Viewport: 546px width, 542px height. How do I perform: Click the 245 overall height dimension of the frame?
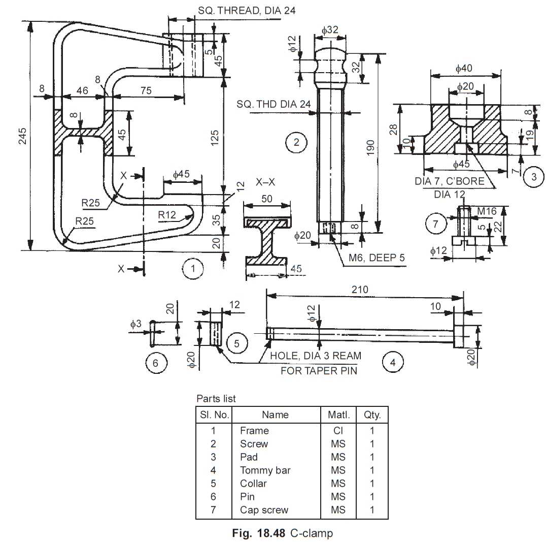pos(22,136)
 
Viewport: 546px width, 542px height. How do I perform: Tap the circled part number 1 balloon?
pos(193,268)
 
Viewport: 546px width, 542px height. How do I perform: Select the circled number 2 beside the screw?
pos(296,142)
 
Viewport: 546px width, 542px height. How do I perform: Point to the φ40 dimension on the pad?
pos(464,68)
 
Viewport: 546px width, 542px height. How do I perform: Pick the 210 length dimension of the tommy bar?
pos(360,290)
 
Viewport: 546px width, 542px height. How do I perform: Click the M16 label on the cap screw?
pos(487,211)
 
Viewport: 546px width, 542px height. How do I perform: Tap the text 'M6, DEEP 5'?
pos(377,258)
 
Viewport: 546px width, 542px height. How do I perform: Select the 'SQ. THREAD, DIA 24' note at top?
pos(247,11)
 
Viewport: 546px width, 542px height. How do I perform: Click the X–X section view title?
pos(265,182)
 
